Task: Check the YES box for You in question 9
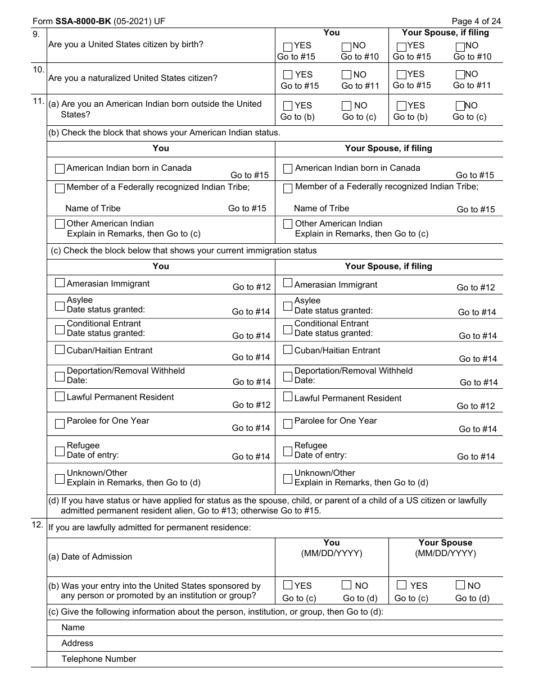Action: tap(288, 47)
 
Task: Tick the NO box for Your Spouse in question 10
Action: tap(460, 75)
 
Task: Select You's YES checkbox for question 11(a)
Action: tap(288, 106)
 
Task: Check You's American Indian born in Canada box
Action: tap(60, 169)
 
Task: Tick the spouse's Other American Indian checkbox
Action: tap(288, 224)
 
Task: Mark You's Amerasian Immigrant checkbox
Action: tap(60, 283)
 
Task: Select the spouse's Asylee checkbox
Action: tap(288, 306)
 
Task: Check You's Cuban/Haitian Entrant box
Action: tap(60, 349)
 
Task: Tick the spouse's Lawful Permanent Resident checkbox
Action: tap(288, 397)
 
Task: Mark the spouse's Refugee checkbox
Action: tap(288, 451)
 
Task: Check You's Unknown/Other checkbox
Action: tap(60, 479)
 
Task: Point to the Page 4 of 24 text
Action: tap(476, 21)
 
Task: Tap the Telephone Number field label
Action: tap(99, 659)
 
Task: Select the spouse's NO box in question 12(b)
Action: tap(460, 585)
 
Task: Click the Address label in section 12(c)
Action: tap(78, 643)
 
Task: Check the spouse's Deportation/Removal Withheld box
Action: tap(288, 376)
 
